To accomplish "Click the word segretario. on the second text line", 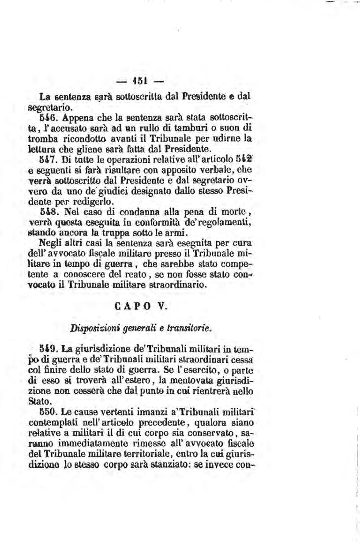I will (48, 107).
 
